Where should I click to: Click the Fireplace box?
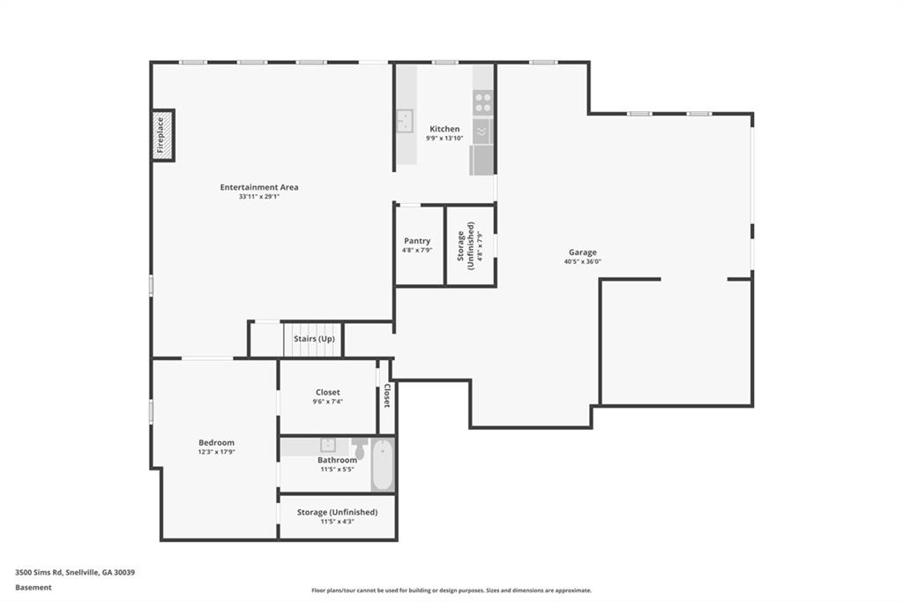(163, 136)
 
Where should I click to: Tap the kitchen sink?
(404, 120)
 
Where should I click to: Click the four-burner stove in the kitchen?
(482, 102)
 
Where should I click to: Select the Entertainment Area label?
(259, 187)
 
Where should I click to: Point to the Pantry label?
(417, 241)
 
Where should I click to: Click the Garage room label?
(582, 252)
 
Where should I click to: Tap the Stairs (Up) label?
(314, 339)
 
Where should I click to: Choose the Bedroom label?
(216, 442)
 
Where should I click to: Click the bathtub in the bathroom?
(382, 466)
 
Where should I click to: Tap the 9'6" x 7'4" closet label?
(328, 402)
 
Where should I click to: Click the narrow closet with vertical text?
(385, 396)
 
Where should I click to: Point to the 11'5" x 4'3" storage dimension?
(337, 522)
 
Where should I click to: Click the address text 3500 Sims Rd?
(74, 572)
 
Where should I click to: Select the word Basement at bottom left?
(34, 587)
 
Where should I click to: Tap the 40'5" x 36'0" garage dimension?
(582, 261)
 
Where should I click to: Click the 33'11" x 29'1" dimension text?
(259, 197)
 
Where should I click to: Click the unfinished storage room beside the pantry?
(470, 246)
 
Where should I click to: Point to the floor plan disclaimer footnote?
(451, 591)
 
